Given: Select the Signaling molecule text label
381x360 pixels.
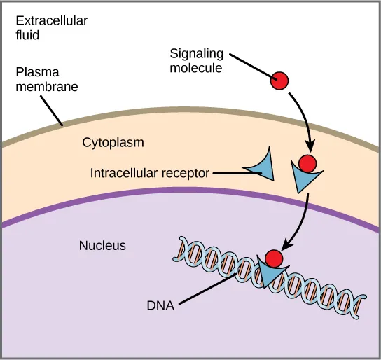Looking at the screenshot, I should click(196, 60).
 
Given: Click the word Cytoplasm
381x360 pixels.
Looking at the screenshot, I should click(113, 142).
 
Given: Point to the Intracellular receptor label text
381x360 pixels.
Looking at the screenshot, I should click(150, 172).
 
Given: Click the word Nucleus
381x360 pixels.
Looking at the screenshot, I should click(102, 245).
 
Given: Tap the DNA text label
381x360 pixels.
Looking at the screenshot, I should click(161, 305).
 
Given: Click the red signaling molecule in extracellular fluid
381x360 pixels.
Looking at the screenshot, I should click(280, 81).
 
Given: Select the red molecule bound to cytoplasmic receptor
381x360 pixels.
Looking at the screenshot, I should click(307, 164).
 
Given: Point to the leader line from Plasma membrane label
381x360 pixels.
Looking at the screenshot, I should click(53, 109).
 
